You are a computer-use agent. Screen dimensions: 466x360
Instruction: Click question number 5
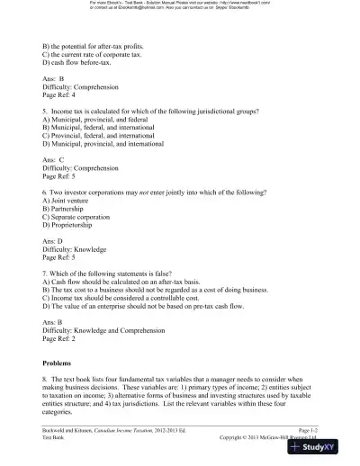45,111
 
